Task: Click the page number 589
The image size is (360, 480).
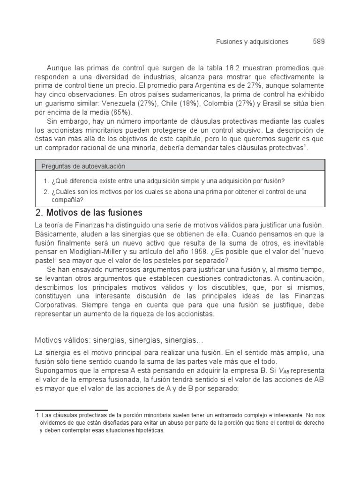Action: coord(319,42)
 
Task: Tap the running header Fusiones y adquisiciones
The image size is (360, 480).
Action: coord(252,42)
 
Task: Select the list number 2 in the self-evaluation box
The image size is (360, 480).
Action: coord(45,192)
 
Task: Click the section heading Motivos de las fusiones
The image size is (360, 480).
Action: coord(89,213)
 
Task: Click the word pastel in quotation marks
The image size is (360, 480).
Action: coord(47,260)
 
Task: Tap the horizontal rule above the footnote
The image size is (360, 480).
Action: coord(72,410)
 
